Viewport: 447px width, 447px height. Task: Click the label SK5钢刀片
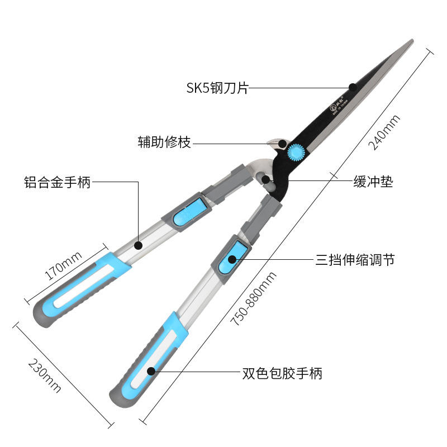coord(217,88)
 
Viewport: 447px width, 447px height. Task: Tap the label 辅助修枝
coord(164,142)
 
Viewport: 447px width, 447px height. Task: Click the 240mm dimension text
coord(384,132)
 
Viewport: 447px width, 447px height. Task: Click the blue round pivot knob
coord(296,152)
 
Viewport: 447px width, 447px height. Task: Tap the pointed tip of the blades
coord(412,41)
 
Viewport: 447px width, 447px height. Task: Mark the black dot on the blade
coord(353,87)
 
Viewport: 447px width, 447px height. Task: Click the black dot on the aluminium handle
coord(139,244)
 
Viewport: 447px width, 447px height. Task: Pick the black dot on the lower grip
coord(151,370)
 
